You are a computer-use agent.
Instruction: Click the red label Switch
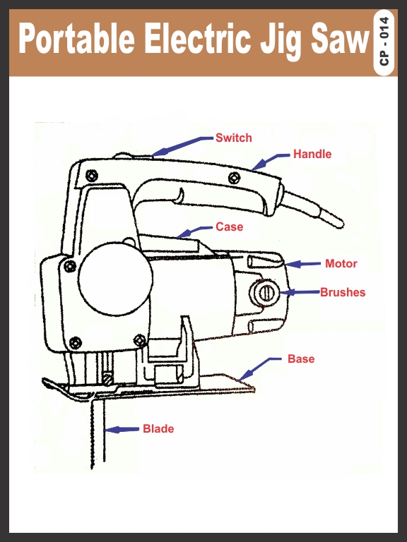tap(234, 138)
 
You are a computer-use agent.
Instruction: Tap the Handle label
tap(312, 154)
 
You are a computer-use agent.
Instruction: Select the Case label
tap(229, 227)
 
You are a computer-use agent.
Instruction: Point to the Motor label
tap(341, 263)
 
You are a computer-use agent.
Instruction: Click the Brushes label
tap(343, 292)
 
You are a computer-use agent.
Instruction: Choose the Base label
tap(301, 359)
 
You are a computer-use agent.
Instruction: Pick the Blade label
tap(158, 428)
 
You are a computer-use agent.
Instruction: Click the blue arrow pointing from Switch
tap(182, 146)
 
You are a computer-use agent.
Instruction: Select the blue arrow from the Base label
tap(260, 368)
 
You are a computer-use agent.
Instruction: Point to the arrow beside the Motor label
tap(303, 265)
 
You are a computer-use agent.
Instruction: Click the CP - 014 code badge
tap(384, 42)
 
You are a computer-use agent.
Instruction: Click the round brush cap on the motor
tap(265, 293)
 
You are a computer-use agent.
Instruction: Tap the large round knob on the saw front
tap(115, 279)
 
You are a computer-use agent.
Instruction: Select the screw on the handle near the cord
tap(235, 179)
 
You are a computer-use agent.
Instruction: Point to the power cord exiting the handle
tap(314, 208)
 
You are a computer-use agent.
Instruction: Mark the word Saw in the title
tap(339, 38)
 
